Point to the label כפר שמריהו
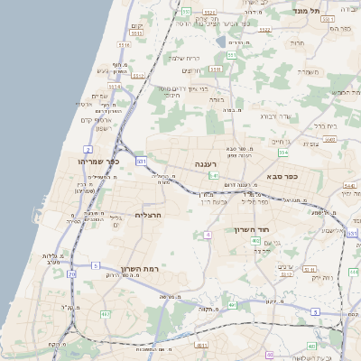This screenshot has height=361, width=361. pos(98,161)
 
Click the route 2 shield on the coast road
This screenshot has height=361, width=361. pos(88,149)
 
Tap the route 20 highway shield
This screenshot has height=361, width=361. pos(71,285)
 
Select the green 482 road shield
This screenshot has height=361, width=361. pos(106,314)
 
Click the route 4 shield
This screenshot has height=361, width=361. pos(207,235)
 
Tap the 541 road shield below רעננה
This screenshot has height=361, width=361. pos(214,175)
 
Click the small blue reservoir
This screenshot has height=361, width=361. pos(222,41)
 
